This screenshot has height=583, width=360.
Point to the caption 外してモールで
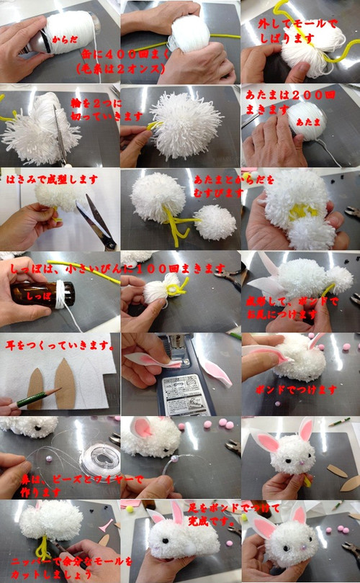point(297,24)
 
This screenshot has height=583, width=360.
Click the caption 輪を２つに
point(94,104)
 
